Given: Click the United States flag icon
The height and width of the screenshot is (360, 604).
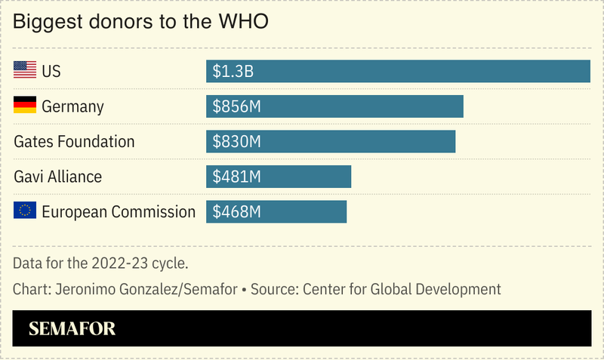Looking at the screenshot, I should coord(25,71).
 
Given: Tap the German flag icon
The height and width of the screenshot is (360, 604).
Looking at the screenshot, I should coord(25,106).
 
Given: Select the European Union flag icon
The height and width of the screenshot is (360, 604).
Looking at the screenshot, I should coord(25,211).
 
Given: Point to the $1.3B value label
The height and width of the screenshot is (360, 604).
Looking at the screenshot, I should coord(233,72).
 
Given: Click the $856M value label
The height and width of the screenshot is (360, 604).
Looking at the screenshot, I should coord(237,106).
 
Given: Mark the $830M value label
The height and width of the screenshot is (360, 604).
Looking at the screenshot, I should coord(237,141).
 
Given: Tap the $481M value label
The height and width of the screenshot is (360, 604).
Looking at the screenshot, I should coord(237,177).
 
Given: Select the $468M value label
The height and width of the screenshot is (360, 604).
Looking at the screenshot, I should coord(237,211).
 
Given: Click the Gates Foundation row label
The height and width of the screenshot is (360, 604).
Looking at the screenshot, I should coord(74,141).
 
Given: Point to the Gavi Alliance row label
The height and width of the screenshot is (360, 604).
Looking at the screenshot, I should coord(58,177).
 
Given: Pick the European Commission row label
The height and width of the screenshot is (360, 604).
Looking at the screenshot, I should coord(119,212).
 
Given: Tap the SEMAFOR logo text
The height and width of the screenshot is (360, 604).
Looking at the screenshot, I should coord(72,329).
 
